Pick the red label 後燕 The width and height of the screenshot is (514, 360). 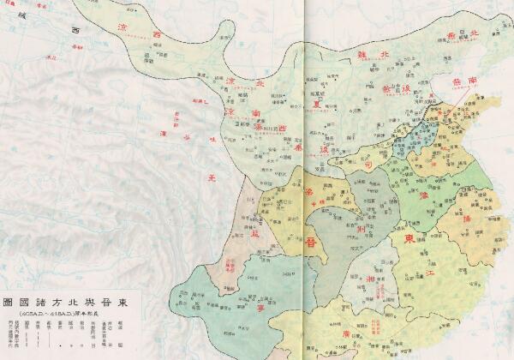click(x=396, y=88)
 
